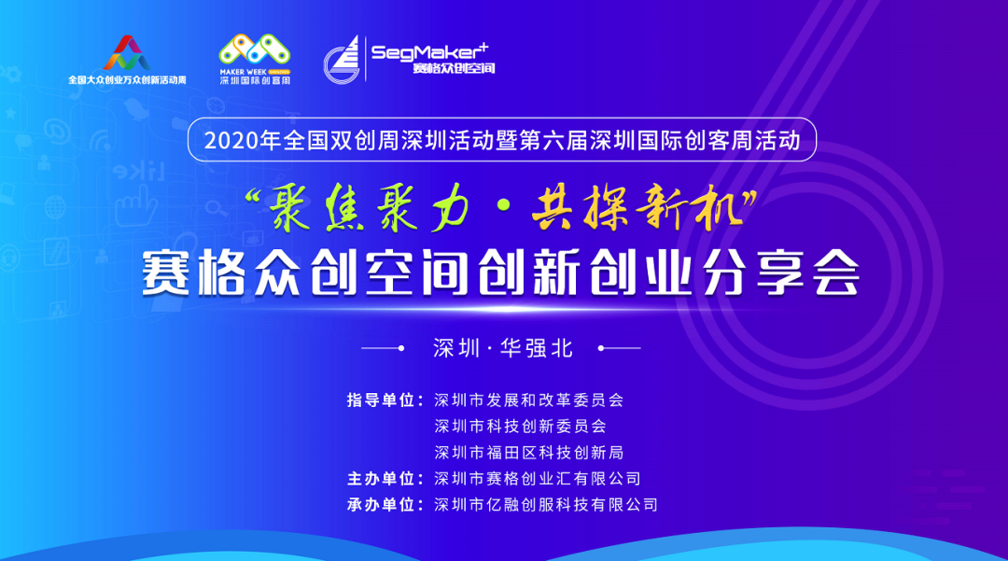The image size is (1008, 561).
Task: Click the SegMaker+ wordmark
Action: (x=429, y=51)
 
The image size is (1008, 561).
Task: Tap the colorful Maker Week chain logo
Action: (x=255, y=49)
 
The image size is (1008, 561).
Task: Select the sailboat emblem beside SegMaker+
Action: (x=342, y=59)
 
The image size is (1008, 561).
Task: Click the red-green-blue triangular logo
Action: (x=127, y=52)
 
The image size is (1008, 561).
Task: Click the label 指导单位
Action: (x=381, y=400)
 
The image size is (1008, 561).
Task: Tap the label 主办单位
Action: (x=381, y=479)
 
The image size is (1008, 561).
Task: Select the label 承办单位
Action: (x=381, y=505)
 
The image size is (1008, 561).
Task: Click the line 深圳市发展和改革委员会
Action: (x=528, y=400)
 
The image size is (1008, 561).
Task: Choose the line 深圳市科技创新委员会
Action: (x=520, y=426)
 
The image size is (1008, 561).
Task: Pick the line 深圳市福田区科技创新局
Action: (x=528, y=453)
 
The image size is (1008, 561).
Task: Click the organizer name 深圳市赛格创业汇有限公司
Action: (x=538, y=479)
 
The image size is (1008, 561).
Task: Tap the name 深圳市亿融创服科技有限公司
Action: (x=546, y=505)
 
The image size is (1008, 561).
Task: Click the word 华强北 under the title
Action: (x=537, y=348)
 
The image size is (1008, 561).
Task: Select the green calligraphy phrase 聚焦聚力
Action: (x=369, y=207)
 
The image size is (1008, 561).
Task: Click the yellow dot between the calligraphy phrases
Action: (x=503, y=204)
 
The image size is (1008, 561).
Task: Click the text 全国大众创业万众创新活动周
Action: (x=127, y=80)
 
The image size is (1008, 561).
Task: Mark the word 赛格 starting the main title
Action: (x=194, y=273)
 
